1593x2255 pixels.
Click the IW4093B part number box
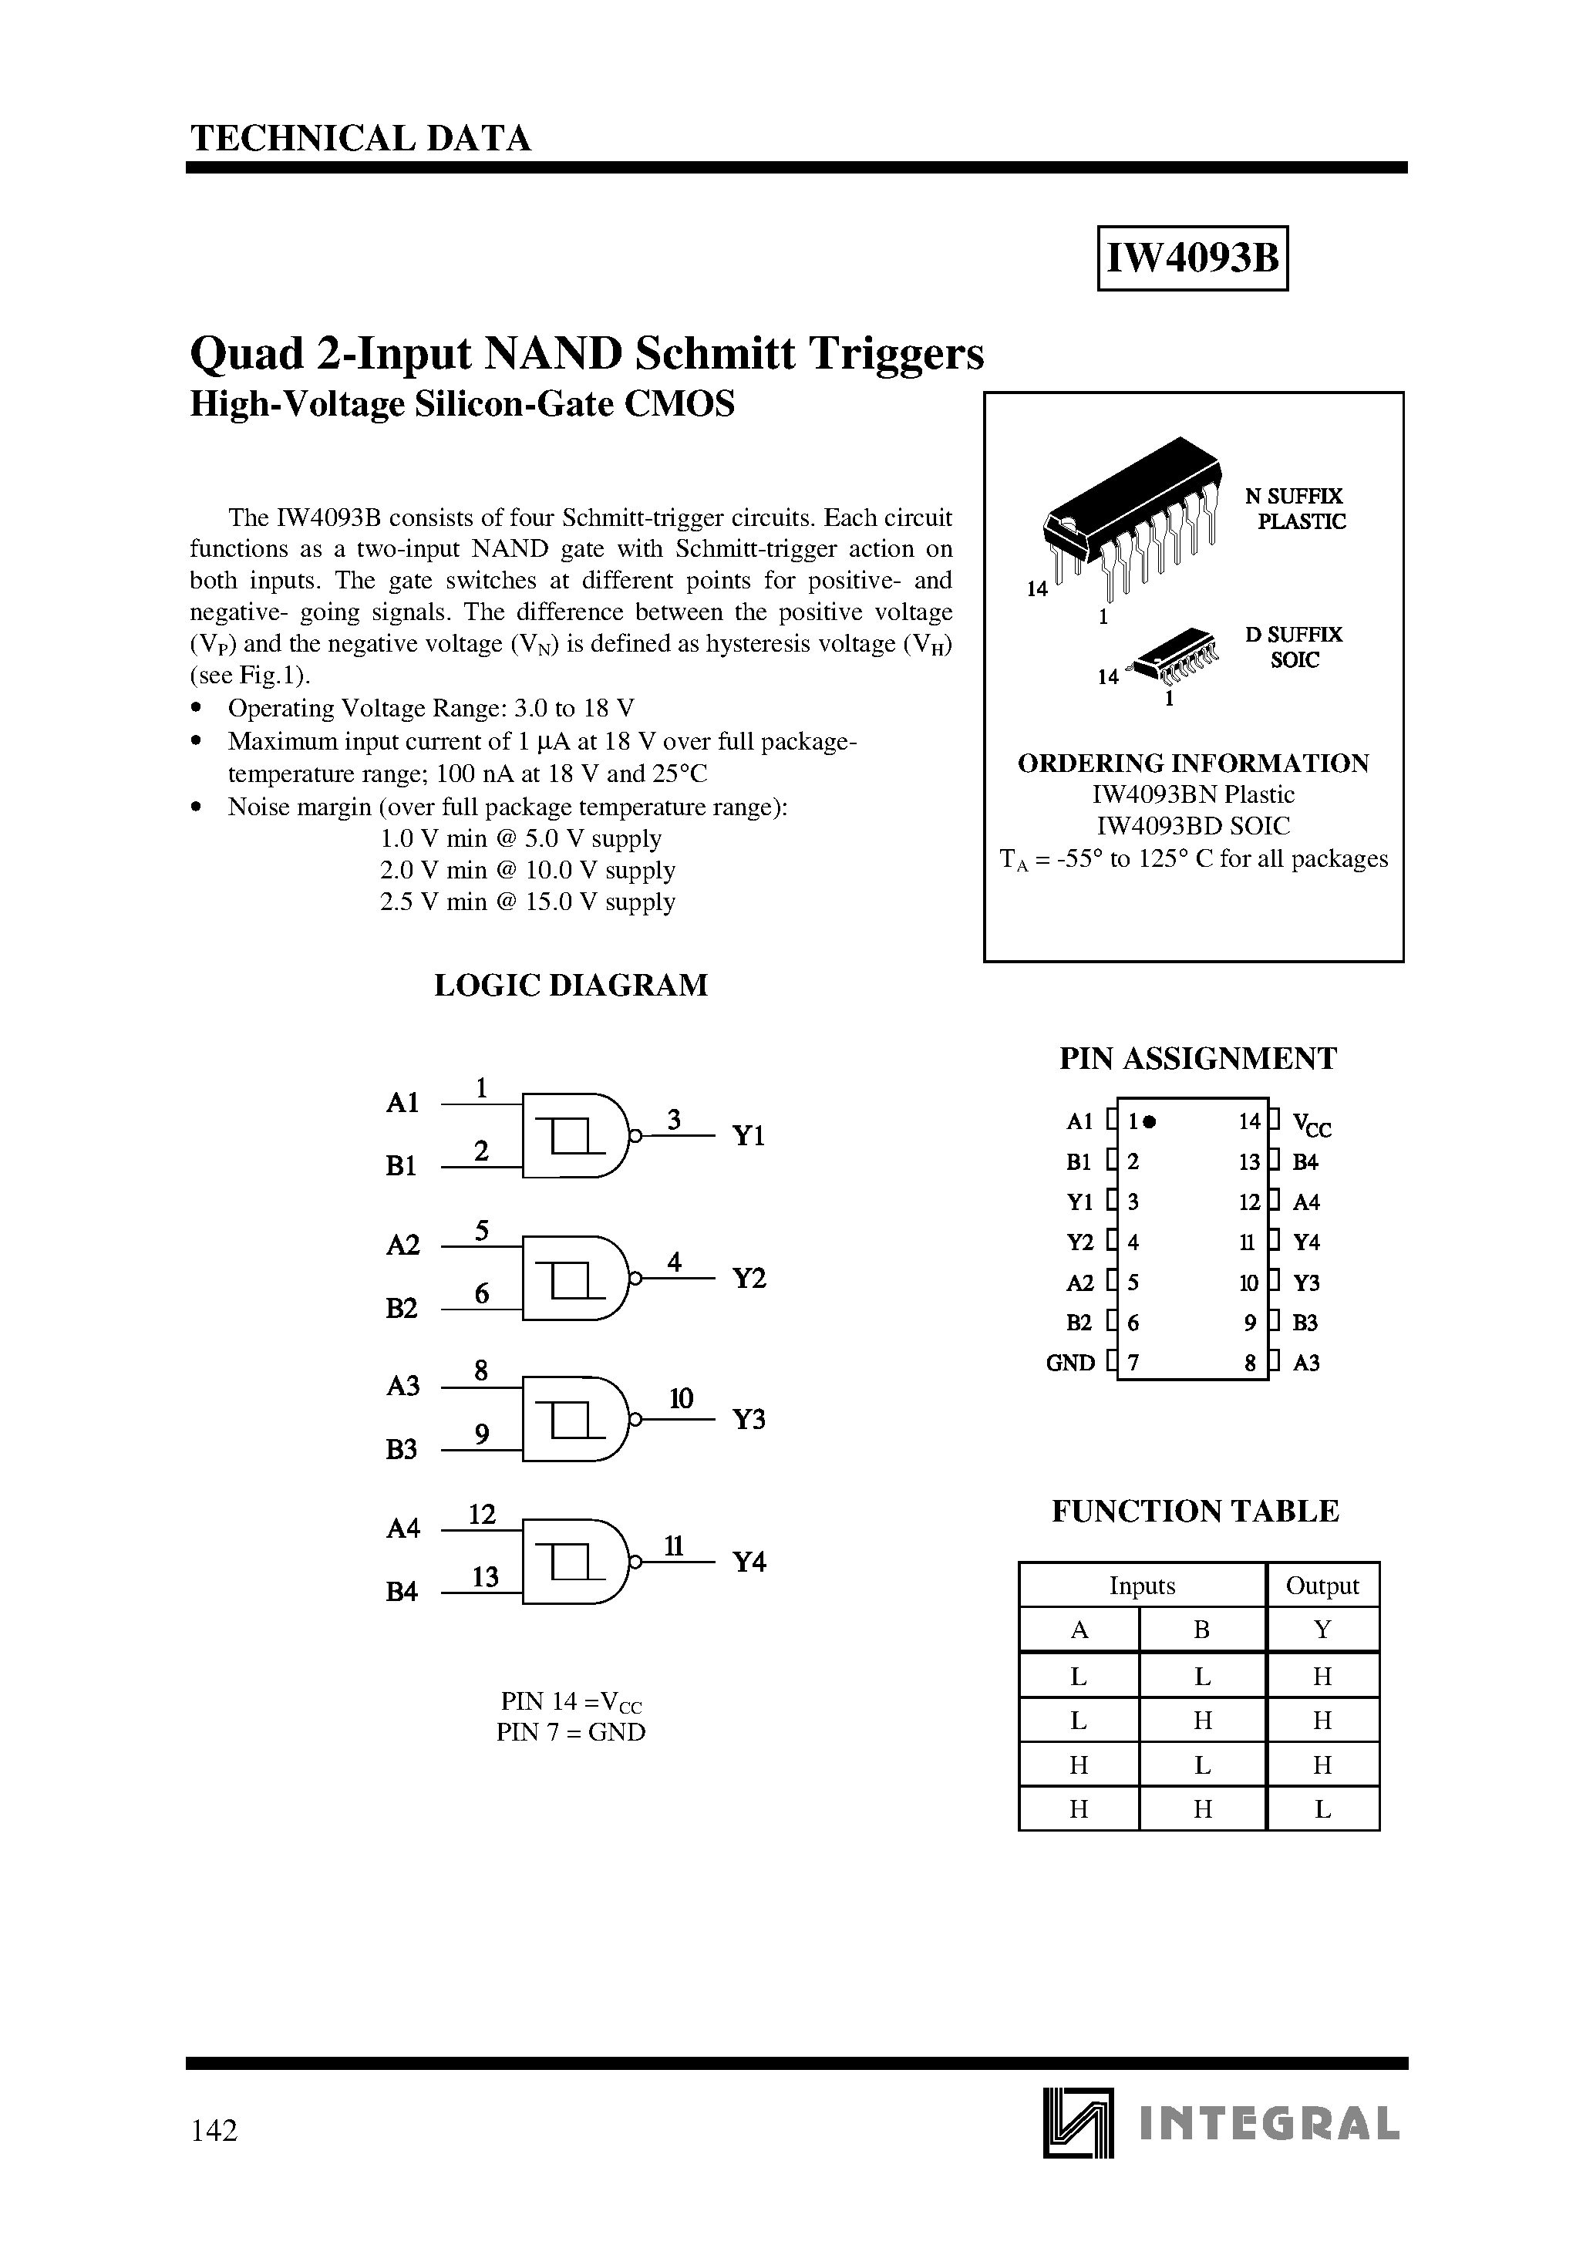tap(1191, 258)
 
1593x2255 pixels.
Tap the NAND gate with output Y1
tap(574, 1135)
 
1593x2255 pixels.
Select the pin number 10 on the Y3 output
tap(681, 1398)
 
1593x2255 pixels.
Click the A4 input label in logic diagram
tap(402, 1529)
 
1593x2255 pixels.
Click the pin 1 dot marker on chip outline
tap(1150, 1121)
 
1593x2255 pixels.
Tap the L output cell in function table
tap(1322, 1809)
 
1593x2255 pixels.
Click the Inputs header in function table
tap(1141, 1585)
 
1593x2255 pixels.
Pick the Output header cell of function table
tap(1322, 1585)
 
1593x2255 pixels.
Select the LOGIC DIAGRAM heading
tap(571, 985)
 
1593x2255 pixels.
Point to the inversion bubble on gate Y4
tap(635, 1562)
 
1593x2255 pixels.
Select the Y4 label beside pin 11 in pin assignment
tap(1306, 1242)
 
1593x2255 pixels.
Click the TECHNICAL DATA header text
tap(360, 139)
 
